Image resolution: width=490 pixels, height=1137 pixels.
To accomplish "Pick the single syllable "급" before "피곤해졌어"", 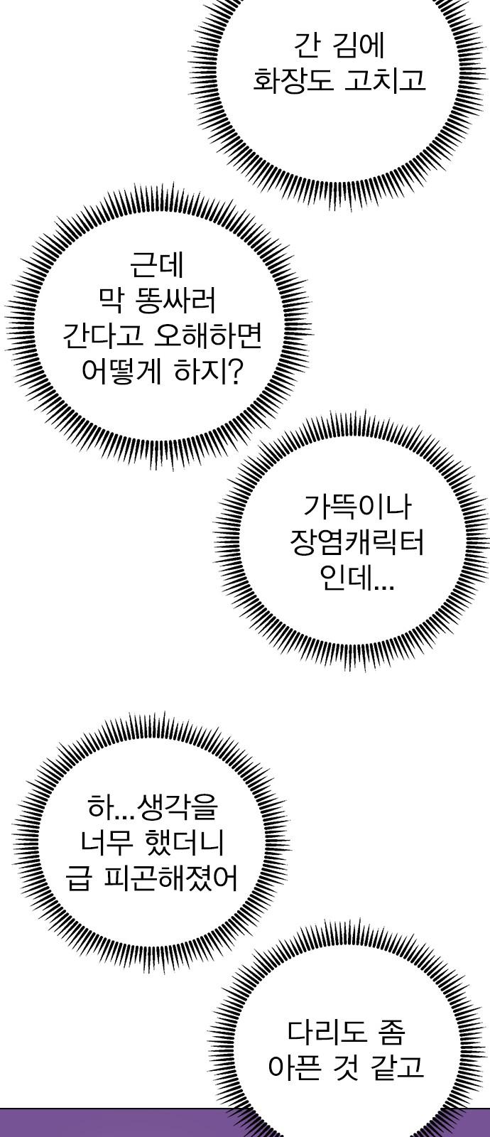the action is [x=79, y=880].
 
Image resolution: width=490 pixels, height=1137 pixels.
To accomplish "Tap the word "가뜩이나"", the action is [x=357, y=507].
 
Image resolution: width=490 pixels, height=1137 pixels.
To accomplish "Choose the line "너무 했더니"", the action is [x=152, y=844].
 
